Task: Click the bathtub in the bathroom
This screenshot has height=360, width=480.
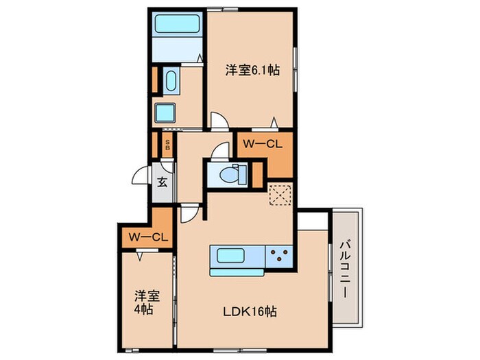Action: (x=178, y=24)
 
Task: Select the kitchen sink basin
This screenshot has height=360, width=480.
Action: (x=230, y=256)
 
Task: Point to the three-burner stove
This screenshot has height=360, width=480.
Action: (x=279, y=256)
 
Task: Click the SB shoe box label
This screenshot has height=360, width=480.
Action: (x=167, y=145)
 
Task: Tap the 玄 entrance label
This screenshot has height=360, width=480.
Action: (x=163, y=182)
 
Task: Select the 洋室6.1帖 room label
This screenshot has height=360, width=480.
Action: (x=252, y=71)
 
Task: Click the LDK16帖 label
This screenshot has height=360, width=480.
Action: (x=250, y=311)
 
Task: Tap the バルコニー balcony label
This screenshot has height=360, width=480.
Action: (x=346, y=269)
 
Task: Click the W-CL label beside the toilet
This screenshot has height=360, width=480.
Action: (x=263, y=144)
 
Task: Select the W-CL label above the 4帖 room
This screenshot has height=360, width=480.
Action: (x=148, y=237)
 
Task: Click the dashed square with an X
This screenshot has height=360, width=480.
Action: (x=280, y=194)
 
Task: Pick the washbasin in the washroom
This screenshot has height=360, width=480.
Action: (x=171, y=80)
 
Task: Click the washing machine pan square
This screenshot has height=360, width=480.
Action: (x=165, y=113)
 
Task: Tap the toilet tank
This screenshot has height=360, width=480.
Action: (x=243, y=174)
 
